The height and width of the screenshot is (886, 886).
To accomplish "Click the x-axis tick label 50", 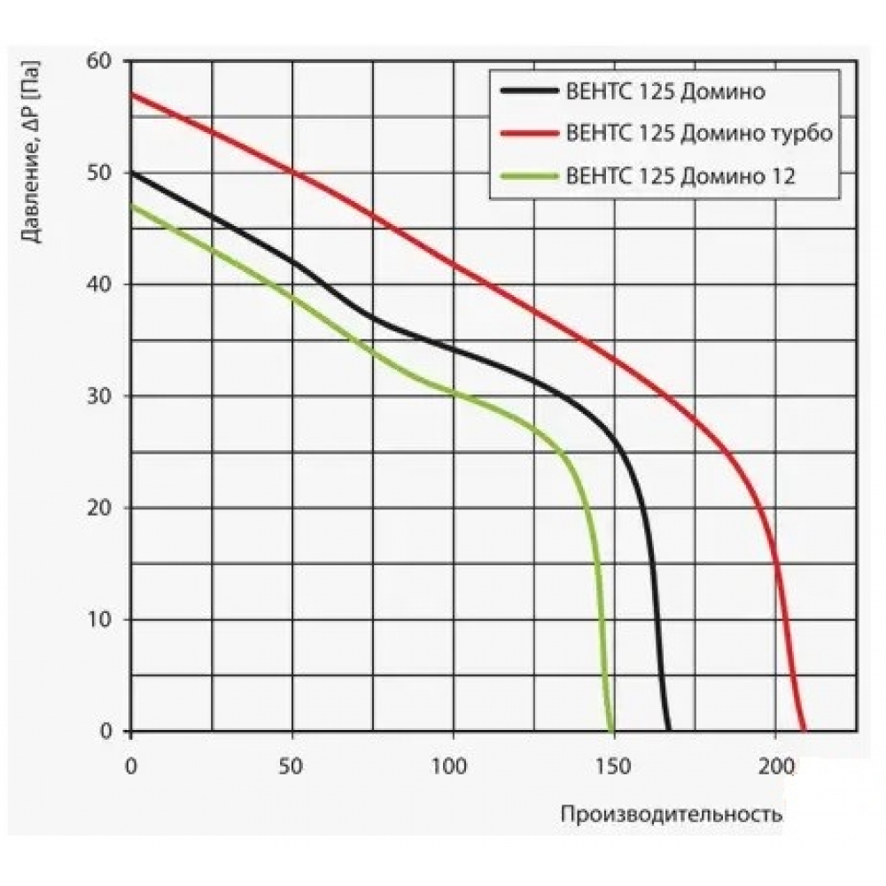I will [x=292, y=765].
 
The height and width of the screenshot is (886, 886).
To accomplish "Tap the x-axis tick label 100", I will [x=453, y=765].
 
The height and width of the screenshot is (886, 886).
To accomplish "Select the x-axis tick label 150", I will [x=614, y=765].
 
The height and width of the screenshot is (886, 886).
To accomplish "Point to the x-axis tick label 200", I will [x=775, y=765].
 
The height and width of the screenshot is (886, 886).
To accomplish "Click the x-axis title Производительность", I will [x=671, y=814].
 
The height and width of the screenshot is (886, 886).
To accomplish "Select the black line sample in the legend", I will [x=528, y=90].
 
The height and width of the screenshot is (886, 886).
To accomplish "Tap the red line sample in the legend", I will [x=528, y=133].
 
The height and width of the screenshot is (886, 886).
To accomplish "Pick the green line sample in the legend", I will [x=528, y=175].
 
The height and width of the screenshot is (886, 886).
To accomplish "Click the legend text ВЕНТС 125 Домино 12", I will [x=680, y=175].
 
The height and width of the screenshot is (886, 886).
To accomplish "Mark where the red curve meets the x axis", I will [x=804, y=730].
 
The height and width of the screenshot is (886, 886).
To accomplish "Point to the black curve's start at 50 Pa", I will [x=132, y=173].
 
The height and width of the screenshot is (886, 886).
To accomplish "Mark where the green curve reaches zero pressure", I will [x=611, y=730].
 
